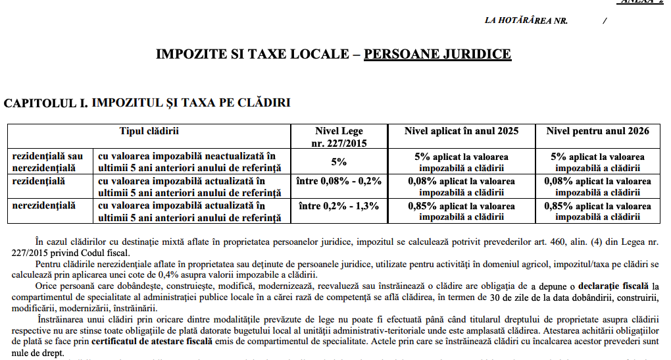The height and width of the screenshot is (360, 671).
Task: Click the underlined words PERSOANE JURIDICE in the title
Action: click(x=437, y=54)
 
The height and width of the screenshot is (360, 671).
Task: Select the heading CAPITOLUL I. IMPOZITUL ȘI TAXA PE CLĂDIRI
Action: click(x=147, y=103)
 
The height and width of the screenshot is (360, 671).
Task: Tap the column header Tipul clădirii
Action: click(x=149, y=131)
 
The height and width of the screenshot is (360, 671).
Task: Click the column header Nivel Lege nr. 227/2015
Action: click(x=339, y=136)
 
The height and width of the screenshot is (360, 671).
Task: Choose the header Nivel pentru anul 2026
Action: click(x=598, y=131)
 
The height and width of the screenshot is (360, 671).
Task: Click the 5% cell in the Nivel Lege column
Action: click(x=339, y=161)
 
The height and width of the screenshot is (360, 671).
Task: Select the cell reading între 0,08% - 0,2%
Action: click(x=339, y=181)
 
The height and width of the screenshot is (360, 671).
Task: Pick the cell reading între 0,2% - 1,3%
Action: click(x=339, y=206)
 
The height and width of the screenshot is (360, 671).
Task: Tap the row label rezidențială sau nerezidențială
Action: click(x=49, y=161)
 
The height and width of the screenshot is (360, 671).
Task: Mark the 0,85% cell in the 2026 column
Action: click(x=598, y=211)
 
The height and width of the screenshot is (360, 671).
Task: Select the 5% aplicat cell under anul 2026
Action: click(x=598, y=161)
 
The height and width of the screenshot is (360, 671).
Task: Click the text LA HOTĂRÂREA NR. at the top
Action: click(x=526, y=20)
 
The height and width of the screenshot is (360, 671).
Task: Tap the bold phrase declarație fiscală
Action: click(x=613, y=286)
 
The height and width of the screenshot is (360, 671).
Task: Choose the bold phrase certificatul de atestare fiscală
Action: click(x=152, y=342)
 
